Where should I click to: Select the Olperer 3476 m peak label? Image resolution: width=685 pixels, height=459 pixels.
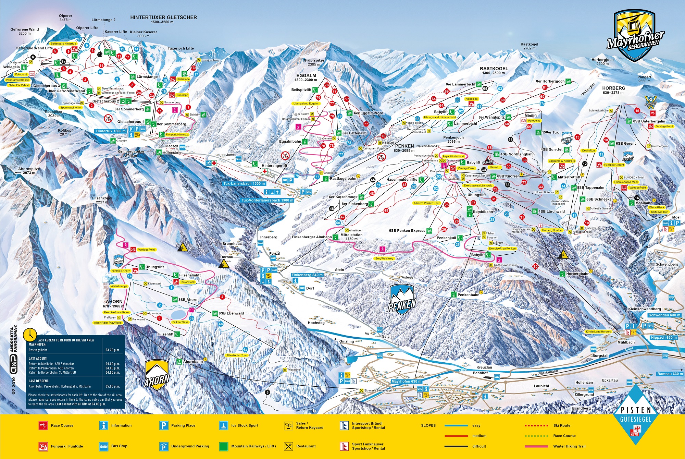(65, 18)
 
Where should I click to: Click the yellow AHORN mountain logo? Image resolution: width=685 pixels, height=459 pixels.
(157, 375)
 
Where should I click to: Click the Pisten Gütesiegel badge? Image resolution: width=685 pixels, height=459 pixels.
(636, 415)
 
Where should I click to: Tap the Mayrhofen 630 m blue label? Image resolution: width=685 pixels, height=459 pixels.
(406, 382)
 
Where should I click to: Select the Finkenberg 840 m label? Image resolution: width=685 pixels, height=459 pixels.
(307, 275)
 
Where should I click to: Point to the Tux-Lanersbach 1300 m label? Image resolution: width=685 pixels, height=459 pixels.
(244, 183)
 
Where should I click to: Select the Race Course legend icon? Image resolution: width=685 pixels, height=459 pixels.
(43, 426)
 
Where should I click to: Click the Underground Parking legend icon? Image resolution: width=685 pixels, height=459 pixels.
(164, 446)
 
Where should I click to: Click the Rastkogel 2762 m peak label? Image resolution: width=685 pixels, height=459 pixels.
(529, 46)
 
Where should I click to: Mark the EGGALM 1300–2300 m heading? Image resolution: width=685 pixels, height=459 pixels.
(306, 77)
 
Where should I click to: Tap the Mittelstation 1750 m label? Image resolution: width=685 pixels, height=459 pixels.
(351, 237)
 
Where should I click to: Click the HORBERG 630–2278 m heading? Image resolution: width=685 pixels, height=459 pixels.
(613, 90)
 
